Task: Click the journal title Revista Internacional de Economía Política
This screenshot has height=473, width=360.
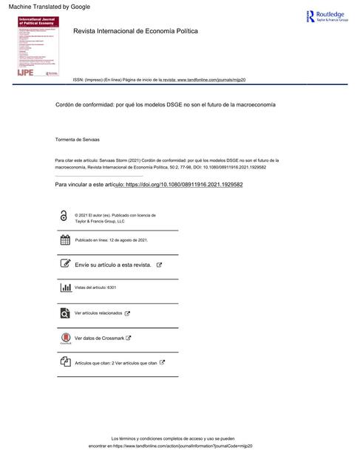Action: [x=135, y=32]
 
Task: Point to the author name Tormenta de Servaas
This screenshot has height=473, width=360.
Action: [x=82, y=139]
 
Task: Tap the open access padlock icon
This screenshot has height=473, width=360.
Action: [x=64, y=217]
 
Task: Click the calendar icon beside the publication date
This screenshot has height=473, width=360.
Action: [x=64, y=240]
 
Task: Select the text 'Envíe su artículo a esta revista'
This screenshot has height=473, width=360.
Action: [x=113, y=264]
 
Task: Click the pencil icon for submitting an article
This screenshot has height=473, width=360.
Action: [x=64, y=264]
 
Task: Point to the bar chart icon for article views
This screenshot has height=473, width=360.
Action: [x=64, y=287]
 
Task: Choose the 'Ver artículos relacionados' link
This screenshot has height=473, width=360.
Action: [x=98, y=313]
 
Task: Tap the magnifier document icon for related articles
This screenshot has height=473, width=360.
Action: [x=64, y=313]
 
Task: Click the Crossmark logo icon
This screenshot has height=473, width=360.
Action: [x=64, y=338]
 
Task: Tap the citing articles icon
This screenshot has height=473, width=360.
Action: [x=64, y=362]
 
